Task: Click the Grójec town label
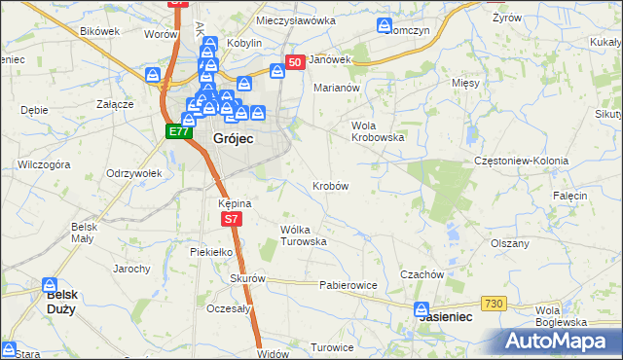tap(234, 140)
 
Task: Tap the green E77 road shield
tap(177, 131)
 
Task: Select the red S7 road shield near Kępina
tap(231, 220)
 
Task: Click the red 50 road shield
tap(297, 62)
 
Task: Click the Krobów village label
tap(331, 185)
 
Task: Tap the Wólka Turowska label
tap(303, 234)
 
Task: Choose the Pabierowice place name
tap(348, 286)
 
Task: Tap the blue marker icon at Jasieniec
tap(421, 311)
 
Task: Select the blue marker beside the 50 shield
tap(276, 70)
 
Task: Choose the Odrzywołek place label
tap(133, 172)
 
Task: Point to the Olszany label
tap(510, 243)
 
